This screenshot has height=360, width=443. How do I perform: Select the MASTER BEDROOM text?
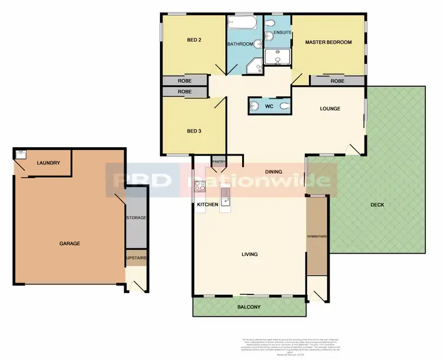[328, 43]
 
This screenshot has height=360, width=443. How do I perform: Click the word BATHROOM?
[241, 44]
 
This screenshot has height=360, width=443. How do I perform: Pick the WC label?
[269, 107]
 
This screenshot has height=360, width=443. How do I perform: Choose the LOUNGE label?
[330, 109]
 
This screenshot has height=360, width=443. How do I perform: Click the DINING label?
[273, 172]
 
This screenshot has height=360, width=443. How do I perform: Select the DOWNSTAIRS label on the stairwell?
[317, 236]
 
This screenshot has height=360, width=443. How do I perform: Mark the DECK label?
[377, 205]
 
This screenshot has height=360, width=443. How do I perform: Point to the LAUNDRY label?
[48, 163]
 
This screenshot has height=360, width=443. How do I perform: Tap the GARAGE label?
[69, 243]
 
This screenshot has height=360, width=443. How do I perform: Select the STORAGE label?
[136, 218]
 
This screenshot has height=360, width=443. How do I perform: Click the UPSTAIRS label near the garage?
[136, 258]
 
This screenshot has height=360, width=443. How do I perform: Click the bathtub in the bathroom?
[242, 24]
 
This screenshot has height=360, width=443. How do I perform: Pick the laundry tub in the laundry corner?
[19, 154]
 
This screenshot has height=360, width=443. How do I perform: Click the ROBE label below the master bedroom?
[337, 81]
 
